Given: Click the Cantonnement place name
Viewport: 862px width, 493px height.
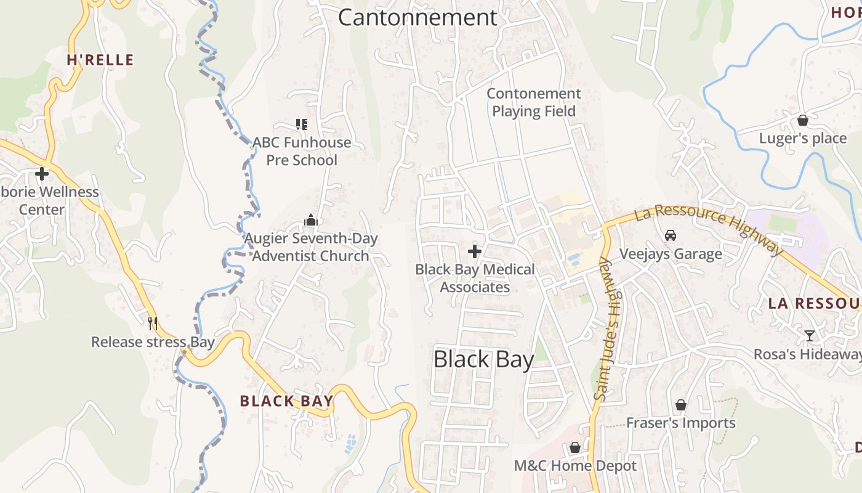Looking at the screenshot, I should [x=417, y=17].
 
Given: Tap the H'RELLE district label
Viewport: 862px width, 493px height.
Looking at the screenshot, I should [x=100, y=60].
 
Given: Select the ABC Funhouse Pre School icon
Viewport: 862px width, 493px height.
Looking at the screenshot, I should [x=301, y=124].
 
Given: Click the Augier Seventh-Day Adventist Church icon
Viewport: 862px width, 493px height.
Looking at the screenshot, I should [x=311, y=220].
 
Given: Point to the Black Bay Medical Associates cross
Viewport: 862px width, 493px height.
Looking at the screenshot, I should [x=475, y=251].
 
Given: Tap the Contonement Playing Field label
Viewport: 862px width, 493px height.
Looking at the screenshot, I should [x=534, y=102].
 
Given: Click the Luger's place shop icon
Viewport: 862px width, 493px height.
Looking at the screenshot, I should [x=802, y=120].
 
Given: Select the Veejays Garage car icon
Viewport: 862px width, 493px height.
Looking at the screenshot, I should [x=671, y=235].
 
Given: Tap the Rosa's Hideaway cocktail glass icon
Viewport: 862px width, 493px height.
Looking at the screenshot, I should [x=809, y=336].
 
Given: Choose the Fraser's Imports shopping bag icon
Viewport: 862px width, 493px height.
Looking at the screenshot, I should [x=681, y=405].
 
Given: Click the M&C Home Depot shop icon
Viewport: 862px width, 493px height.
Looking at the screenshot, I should [x=574, y=447].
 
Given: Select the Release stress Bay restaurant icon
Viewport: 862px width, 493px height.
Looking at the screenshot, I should [x=153, y=323].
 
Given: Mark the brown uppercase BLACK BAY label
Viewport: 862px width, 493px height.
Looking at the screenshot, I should [x=286, y=401].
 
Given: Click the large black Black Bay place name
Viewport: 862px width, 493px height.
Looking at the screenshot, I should [x=483, y=359].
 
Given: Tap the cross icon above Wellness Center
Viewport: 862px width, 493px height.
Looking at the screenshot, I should [x=42, y=174].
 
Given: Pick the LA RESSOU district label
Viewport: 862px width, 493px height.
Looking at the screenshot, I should [x=814, y=303].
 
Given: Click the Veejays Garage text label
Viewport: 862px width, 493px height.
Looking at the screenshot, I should [x=671, y=254].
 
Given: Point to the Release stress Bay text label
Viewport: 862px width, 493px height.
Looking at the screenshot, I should [x=153, y=342].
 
